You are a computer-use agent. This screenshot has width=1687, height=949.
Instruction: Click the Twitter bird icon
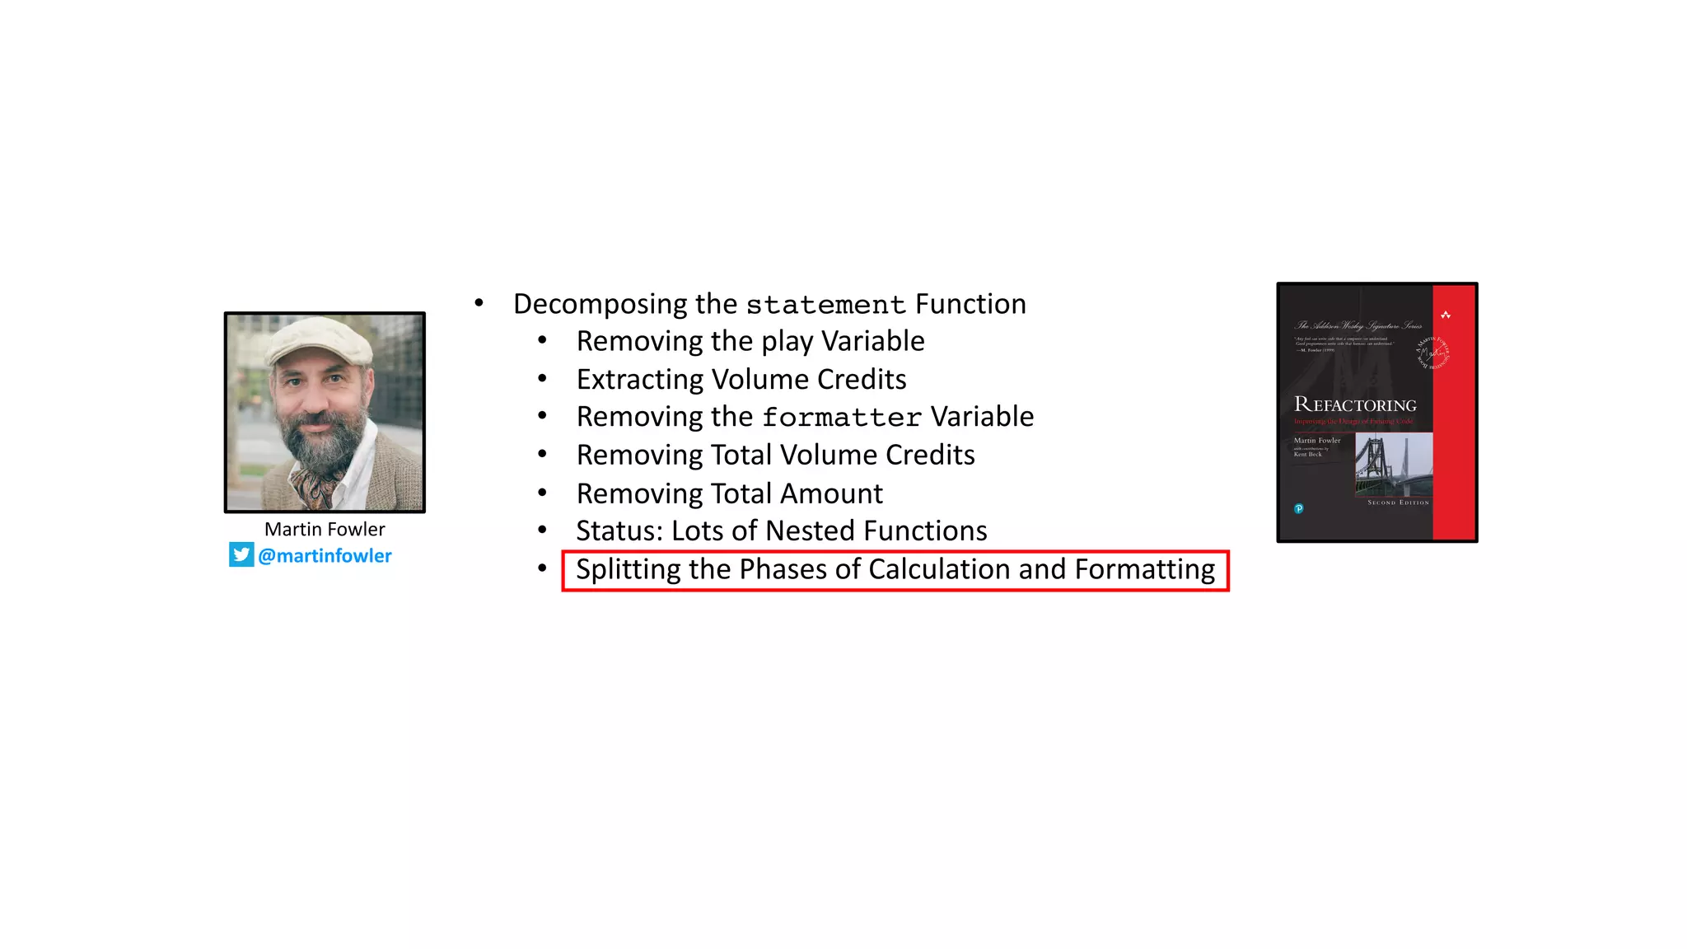[x=241, y=554]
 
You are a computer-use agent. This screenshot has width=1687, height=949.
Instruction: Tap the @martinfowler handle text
[x=325, y=556]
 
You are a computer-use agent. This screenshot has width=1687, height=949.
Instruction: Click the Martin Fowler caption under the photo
[x=325, y=529]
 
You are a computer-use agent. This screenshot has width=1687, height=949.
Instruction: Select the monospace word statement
[x=825, y=305]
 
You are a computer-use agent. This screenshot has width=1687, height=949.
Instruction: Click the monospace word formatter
[x=842, y=418]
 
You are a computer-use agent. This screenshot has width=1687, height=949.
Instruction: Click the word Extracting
[x=639, y=379]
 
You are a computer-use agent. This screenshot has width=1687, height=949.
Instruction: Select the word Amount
[x=831, y=493]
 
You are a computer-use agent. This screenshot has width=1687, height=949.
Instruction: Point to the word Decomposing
[x=600, y=304]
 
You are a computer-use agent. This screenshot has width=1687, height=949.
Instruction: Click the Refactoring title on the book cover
[x=1355, y=404]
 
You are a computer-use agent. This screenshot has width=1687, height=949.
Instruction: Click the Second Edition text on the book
[x=1398, y=502]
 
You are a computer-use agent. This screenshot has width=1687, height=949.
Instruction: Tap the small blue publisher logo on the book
[x=1299, y=508]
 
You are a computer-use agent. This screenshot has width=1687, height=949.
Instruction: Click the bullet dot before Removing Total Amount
[x=542, y=493]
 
